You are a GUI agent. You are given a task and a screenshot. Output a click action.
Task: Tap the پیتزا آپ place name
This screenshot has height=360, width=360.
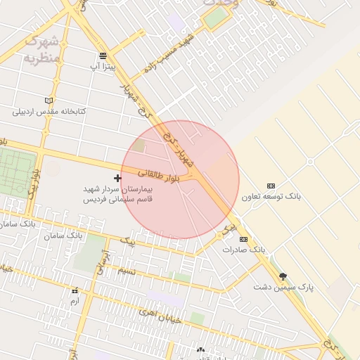click(x=103, y=66)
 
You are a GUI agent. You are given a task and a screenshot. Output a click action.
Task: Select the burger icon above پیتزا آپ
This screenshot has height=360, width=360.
click(x=103, y=56)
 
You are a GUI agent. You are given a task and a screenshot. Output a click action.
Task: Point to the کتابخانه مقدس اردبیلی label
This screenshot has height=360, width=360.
click(x=49, y=112)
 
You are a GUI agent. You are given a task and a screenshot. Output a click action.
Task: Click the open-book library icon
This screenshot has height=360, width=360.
click(x=49, y=101)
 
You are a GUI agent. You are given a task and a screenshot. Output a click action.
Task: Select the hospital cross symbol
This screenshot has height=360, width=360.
click(x=117, y=179)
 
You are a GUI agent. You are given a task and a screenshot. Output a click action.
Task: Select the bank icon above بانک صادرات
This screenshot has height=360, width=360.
click(x=244, y=239)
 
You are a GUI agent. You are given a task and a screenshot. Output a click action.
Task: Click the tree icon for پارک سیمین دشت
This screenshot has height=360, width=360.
click(x=283, y=276)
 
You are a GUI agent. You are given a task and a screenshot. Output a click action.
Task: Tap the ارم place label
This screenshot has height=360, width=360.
click(x=75, y=301)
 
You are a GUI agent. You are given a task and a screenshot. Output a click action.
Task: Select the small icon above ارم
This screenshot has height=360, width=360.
click(x=75, y=290)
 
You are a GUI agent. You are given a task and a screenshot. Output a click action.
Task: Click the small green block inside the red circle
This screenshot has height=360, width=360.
click(x=139, y=146)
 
